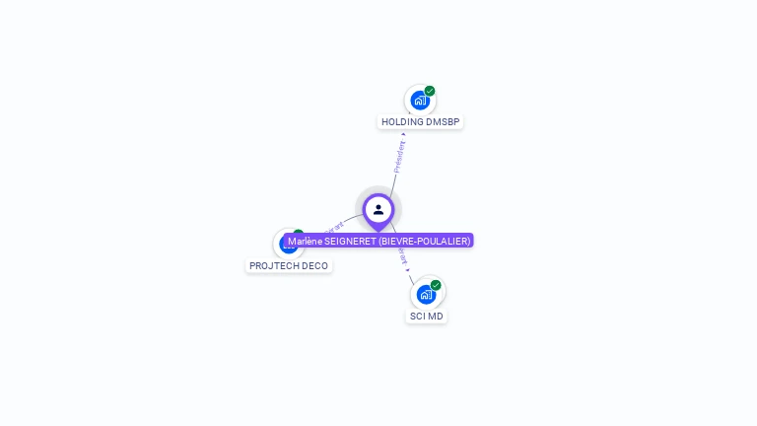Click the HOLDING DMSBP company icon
pos(420,100)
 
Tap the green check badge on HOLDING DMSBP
pos(430,91)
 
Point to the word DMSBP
pos(443,122)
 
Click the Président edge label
pos(399,157)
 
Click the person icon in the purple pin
pos(378,209)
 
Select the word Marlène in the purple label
pos(305,241)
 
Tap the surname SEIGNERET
pos(349,241)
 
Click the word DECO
pos(315,266)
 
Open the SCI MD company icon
pos(426,294)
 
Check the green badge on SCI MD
pos(436,285)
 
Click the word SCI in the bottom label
pos(418,317)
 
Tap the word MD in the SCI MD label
pos(436,317)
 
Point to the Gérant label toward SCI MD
pos(403,257)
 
